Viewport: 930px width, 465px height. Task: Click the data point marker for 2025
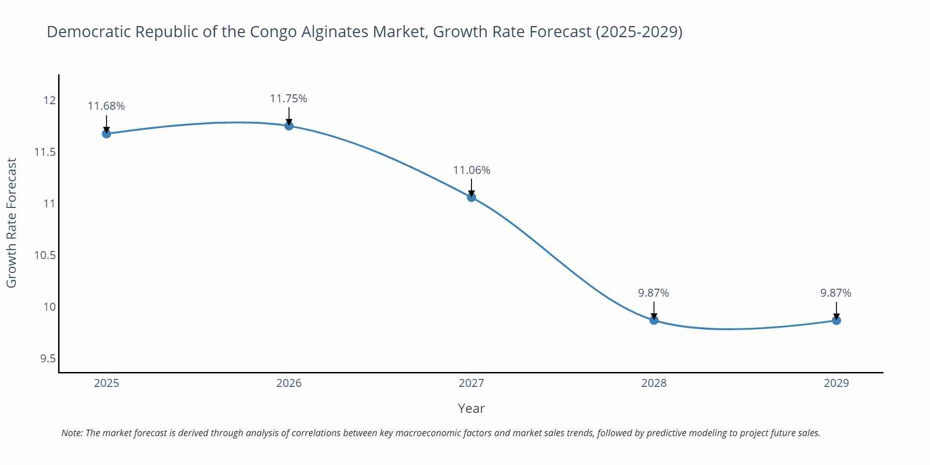click(106, 134)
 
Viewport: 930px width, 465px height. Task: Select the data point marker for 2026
click(289, 126)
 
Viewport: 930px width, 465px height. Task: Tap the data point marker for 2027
click(472, 197)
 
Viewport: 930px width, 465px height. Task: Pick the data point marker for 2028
click(654, 320)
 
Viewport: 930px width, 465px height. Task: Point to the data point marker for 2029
click(836, 320)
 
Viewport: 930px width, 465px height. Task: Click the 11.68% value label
click(106, 106)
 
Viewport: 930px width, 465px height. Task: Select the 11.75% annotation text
click(289, 99)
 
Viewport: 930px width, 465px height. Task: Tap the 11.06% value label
click(472, 170)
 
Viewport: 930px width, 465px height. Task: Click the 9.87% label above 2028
click(653, 293)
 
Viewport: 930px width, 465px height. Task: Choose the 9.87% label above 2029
click(836, 293)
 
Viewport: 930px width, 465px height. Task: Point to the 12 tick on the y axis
click(50, 100)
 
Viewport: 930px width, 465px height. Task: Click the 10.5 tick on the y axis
click(45, 255)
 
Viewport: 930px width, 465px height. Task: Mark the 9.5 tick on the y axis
click(47, 359)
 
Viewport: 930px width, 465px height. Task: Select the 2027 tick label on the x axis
click(471, 383)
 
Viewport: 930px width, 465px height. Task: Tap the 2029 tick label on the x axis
click(836, 383)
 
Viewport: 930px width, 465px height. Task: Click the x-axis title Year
click(471, 408)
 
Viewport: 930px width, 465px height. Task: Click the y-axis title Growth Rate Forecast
click(12, 223)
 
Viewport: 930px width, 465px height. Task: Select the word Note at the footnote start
click(72, 433)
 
